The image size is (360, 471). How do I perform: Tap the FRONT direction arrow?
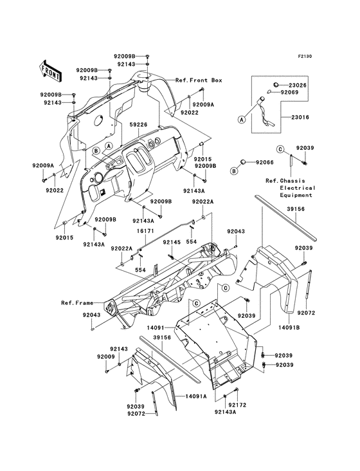[51, 71]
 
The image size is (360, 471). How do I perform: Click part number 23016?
[299, 118]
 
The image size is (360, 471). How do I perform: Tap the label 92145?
[171, 242]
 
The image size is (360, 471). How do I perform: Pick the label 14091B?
[290, 328]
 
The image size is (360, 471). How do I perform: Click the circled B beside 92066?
[235, 172]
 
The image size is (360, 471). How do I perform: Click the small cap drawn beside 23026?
[275, 84]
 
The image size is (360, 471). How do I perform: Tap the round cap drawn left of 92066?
[245, 163]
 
